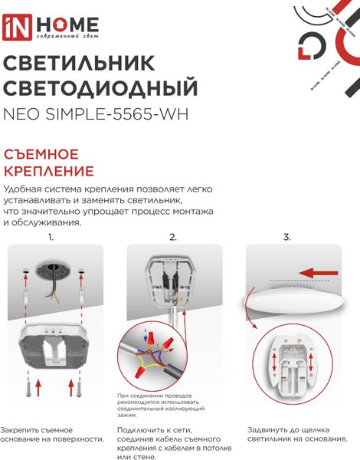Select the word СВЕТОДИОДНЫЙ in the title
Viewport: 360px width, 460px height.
[101, 87]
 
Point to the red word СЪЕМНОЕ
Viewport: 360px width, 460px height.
[43, 153]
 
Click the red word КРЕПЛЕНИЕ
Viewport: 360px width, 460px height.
[49, 170]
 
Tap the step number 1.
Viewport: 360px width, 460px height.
[51, 237]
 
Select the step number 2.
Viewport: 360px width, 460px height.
[173, 237]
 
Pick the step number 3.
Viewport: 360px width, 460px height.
[287, 237]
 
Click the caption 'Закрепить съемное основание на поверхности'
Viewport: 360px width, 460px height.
[52, 434]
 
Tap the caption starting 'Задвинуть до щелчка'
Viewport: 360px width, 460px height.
[292, 434]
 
